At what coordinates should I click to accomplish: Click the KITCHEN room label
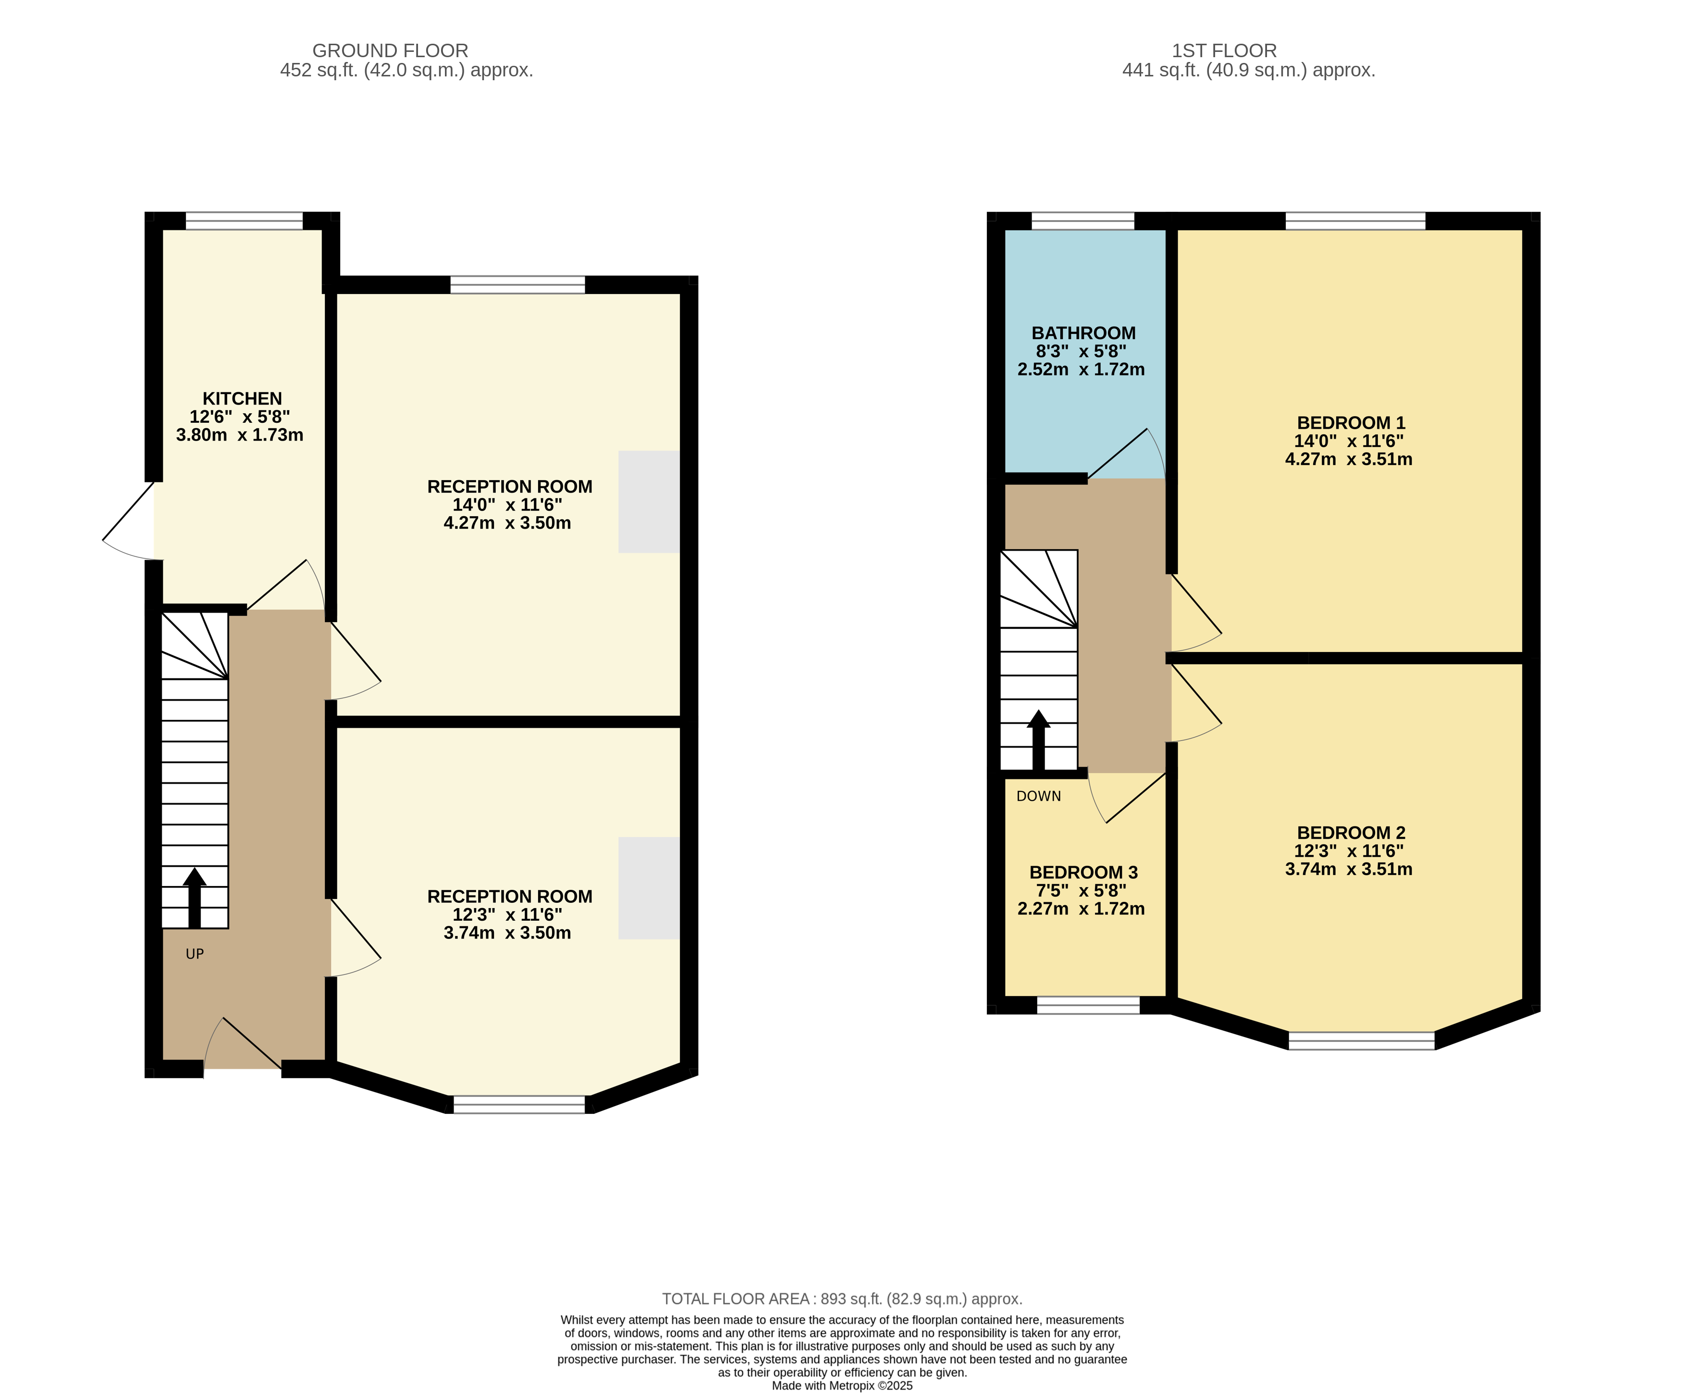pos(242,399)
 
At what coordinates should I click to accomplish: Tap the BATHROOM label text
pos(1083,333)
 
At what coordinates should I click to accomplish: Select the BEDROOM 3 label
pos(1083,872)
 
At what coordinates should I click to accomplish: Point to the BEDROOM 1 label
pos(1351,423)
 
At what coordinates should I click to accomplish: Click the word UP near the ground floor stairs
pos(195,954)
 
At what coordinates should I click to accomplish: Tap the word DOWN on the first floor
pos(1038,796)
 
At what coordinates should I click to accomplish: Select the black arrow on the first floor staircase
pos(1038,740)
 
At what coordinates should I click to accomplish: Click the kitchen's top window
pos(244,221)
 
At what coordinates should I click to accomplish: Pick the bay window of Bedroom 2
pos(1362,1041)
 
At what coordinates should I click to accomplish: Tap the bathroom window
pos(1082,221)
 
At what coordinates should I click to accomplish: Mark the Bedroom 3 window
pos(1088,1005)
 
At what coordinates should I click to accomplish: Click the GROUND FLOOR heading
pos(390,50)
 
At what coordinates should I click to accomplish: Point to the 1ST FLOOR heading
pos(1224,50)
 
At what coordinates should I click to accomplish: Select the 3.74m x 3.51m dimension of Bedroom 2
pos(1349,869)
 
